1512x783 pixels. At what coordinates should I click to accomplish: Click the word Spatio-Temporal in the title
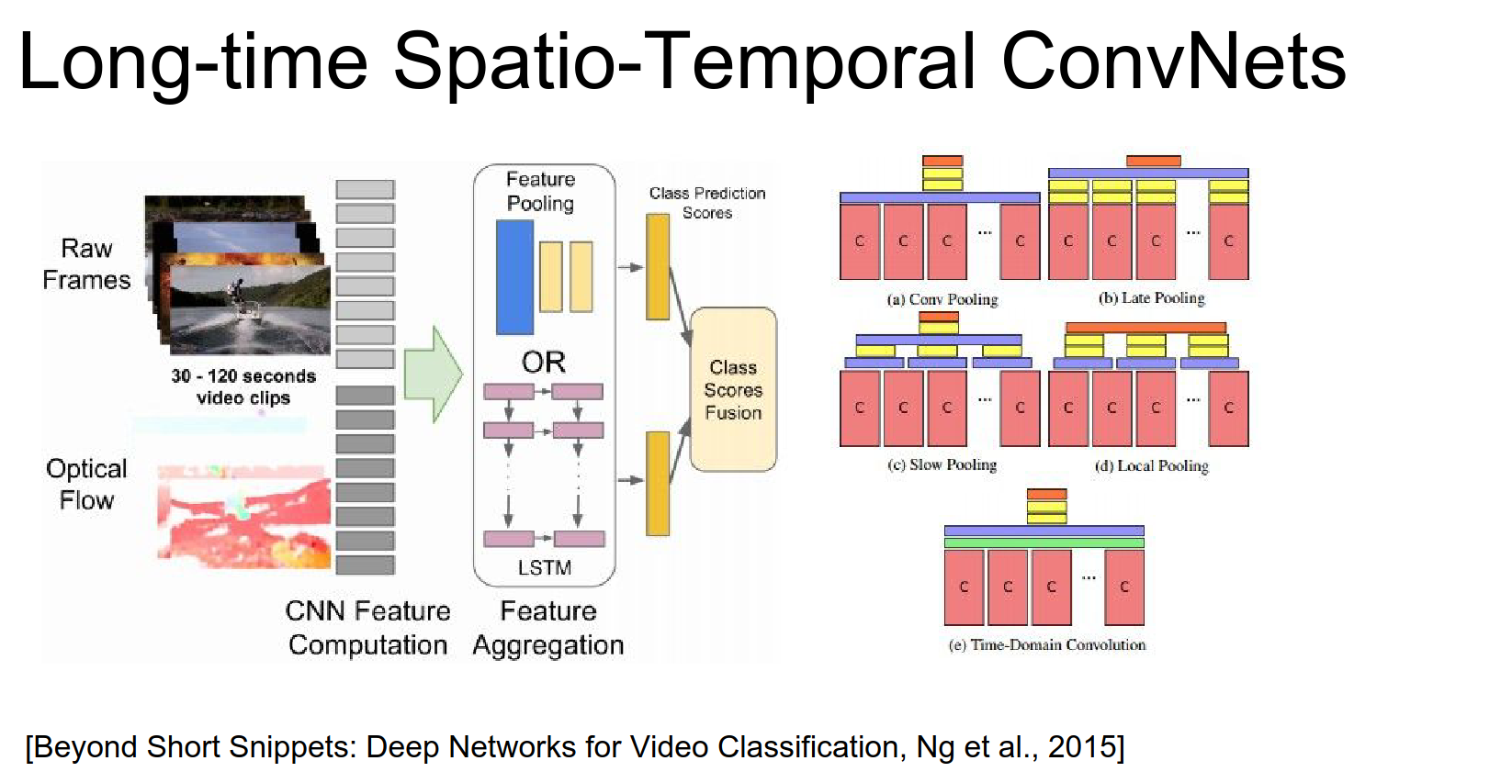pyautogui.click(x=684, y=62)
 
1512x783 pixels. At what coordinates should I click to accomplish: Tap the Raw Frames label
pyautogui.click(x=86, y=264)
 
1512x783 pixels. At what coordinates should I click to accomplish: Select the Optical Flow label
pyautogui.click(x=86, y=485)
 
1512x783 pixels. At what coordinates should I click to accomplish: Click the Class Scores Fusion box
pyautogui.click(x=733, y=390)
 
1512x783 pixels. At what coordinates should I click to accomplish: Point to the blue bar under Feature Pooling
pyautogui.click(x=514, y=277)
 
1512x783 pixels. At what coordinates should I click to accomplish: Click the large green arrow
pyautogui.click(x=433, y=375)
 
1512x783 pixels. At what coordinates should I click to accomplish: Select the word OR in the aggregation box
pyautogui.click(x=544, y=362)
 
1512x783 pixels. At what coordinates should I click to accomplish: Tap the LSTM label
pyautogui.click(x=544, y=568)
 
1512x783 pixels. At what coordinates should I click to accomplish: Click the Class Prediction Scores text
pyautogui.click(x=707, y=203)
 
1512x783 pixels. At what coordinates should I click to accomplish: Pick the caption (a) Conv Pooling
pyautogui.click(x=942, y=299)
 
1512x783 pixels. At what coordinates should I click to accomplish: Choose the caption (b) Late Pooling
pyautogui.click(x=1151, y=298)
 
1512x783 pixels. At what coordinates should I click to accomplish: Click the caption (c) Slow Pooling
pyautogui.click(x=942, y=465)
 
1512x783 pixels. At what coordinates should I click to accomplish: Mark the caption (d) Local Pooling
pyautogui.click(x=1151, y=466)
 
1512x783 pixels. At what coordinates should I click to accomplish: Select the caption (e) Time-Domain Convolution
pyautogui.click(x=1046, y=645)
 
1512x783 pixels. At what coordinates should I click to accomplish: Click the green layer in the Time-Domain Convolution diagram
pyautogui.click(x=1044, y=543)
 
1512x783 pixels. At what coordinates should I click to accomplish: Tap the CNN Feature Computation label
pyautogui.click(x=367, y=628)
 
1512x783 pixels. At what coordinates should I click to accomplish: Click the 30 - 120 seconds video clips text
pyautogui.click(x=243, y=387)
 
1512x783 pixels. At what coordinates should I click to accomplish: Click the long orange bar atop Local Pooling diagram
pyautogui.click(x=1145, y=328)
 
